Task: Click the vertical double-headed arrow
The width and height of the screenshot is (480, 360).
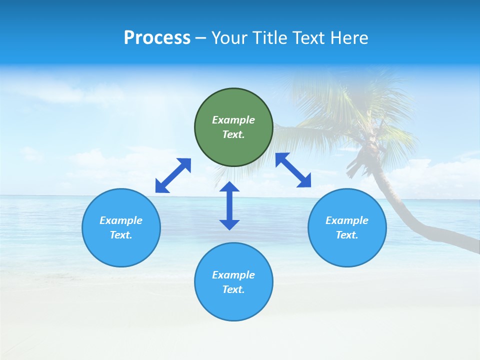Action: click(229, 205)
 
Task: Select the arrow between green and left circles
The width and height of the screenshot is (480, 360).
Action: click(173, 175)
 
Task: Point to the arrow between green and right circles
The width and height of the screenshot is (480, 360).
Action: click(293, 170)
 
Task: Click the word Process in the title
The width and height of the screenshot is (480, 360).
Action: click(157, 37)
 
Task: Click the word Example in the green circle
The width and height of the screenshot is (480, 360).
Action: click(233, 120)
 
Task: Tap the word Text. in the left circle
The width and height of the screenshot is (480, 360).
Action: click(121, 235)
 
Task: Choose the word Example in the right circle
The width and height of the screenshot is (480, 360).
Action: click(347, 220)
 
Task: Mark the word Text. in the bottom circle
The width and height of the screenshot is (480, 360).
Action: click(233, 289)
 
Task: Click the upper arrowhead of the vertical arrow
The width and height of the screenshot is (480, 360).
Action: click(229, 187)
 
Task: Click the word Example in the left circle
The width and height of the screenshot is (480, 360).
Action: click(121, 220)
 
